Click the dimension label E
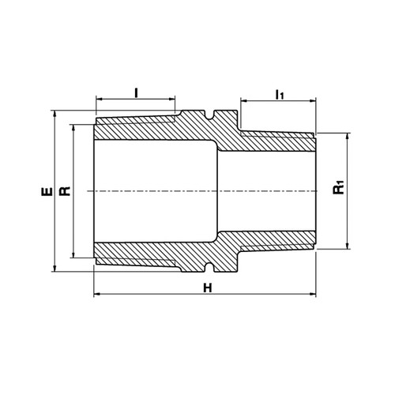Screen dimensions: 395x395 (47, 191)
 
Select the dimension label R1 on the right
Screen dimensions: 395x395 (339, 187)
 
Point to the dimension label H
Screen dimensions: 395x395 (208, 288)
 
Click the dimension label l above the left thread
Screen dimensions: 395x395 (136, 93)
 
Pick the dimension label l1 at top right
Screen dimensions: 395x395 (280, 95)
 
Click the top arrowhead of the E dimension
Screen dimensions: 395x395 (55, 114)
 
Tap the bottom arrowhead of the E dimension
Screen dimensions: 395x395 (55, 268)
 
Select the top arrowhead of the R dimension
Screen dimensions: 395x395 (73, 128)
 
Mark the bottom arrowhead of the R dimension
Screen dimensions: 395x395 (73, 254)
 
